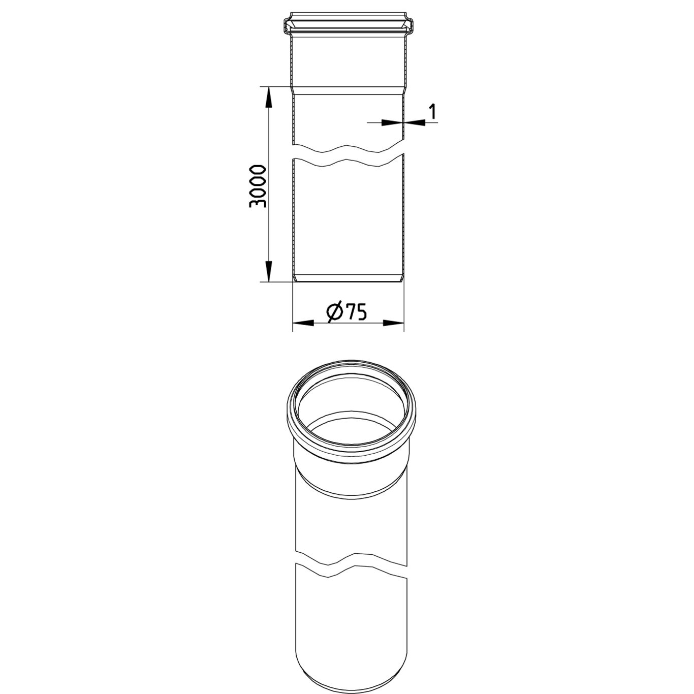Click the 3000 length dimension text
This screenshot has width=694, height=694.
258,186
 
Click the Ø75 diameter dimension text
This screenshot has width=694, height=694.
346,312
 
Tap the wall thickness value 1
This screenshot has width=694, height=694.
432,112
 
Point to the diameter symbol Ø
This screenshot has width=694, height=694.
334,312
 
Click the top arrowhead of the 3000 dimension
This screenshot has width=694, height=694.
269,97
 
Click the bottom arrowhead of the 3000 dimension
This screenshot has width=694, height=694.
269,271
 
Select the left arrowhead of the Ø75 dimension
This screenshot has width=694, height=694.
302,323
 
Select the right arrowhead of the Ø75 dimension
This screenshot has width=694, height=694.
393,323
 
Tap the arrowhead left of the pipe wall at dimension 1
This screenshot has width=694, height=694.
392,122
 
